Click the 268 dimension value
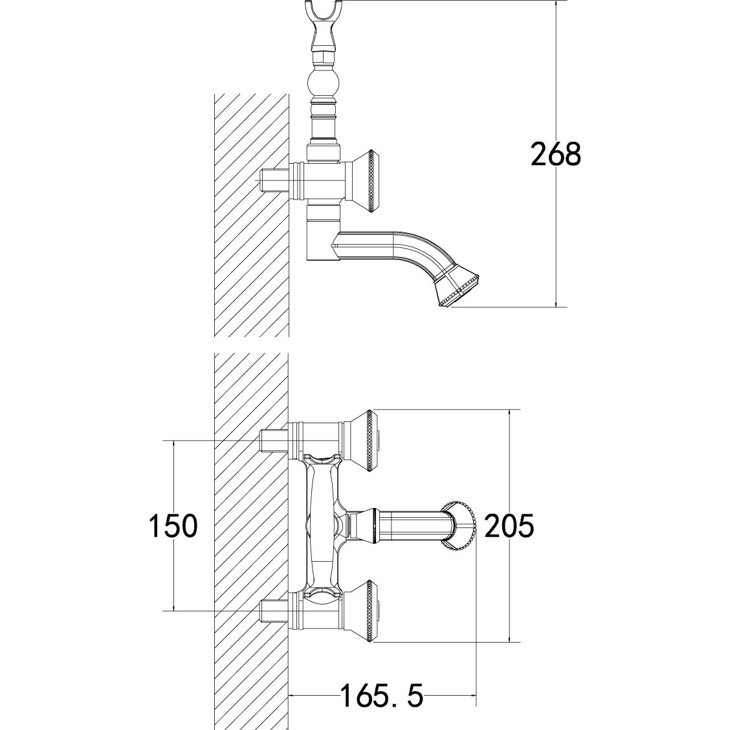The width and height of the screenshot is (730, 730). pos(555,155)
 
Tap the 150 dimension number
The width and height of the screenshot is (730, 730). pos(172,525)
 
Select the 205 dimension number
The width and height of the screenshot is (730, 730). pos(509,525)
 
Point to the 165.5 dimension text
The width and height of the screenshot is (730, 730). pos(381,697)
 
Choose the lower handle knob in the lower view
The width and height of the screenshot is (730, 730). pos(366,610)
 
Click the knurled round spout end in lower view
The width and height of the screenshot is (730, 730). pos(461,525)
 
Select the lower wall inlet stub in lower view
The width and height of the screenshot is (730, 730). pos(274,610)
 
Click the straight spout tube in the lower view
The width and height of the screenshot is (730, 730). pos(408,524)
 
